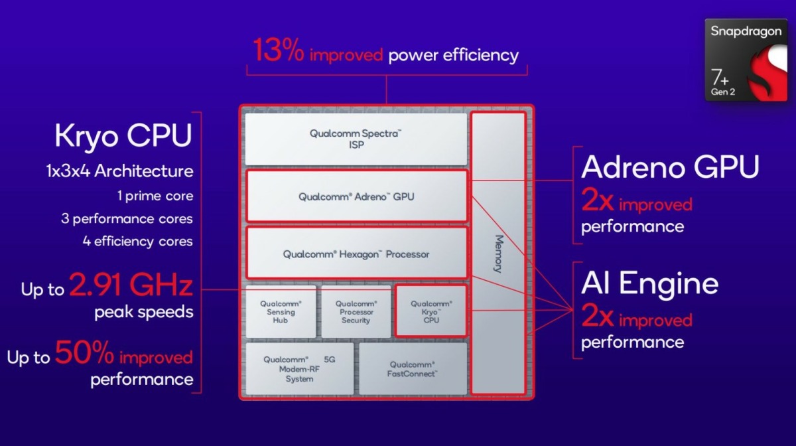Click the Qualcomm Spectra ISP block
click(356, 139)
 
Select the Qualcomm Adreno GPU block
click(357, 196)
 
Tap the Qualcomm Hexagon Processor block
click(356, 254)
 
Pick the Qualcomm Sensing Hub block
click(281, 312)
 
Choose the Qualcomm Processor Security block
click(356, 312)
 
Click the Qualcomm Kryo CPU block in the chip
click(431, 312)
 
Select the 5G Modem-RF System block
click(299, 369)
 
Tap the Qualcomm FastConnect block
click(413, 369)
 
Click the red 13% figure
click(278, 52)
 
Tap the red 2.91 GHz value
click(131, 287)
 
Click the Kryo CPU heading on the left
click(124, 137)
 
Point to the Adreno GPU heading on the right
click(670, 168)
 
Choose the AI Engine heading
click(650, 284)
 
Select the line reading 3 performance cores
click(127, 219)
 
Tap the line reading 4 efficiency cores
click(137, 242)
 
